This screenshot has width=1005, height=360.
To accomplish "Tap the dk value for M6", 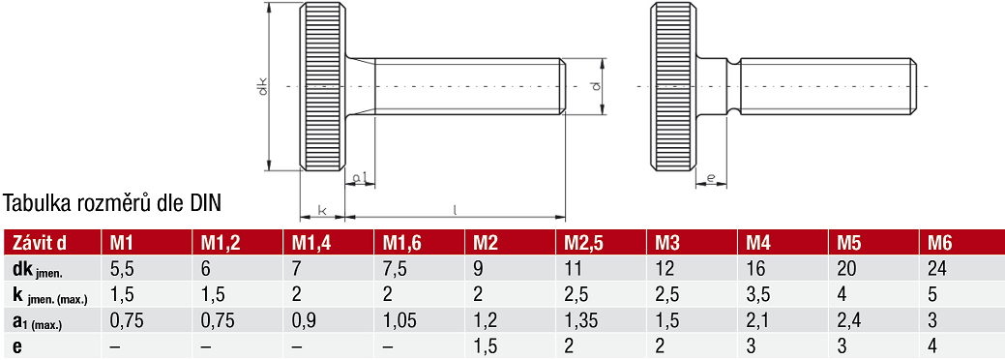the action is [x=936, y=268].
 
